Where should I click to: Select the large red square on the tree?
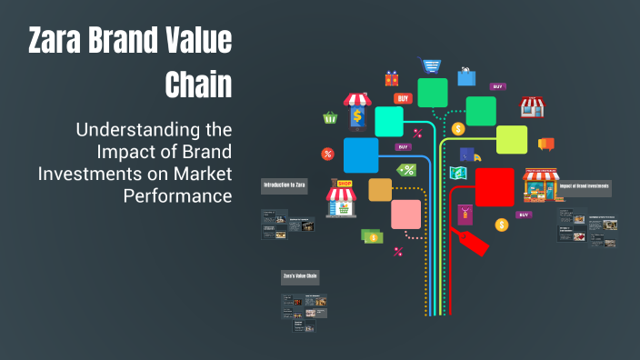coord(494,186)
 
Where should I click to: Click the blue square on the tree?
coord(361,155)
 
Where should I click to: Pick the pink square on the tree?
coord(405,214)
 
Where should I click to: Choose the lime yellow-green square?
coord(511,139)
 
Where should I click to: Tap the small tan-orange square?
coord(380,189)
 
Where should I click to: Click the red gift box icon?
coord(392,79)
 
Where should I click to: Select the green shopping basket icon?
coord(330,117)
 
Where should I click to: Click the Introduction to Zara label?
coord(285,185)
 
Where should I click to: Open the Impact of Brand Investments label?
coord(585,188)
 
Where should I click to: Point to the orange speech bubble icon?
coord(545,144)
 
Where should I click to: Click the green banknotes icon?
coord(371,235)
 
